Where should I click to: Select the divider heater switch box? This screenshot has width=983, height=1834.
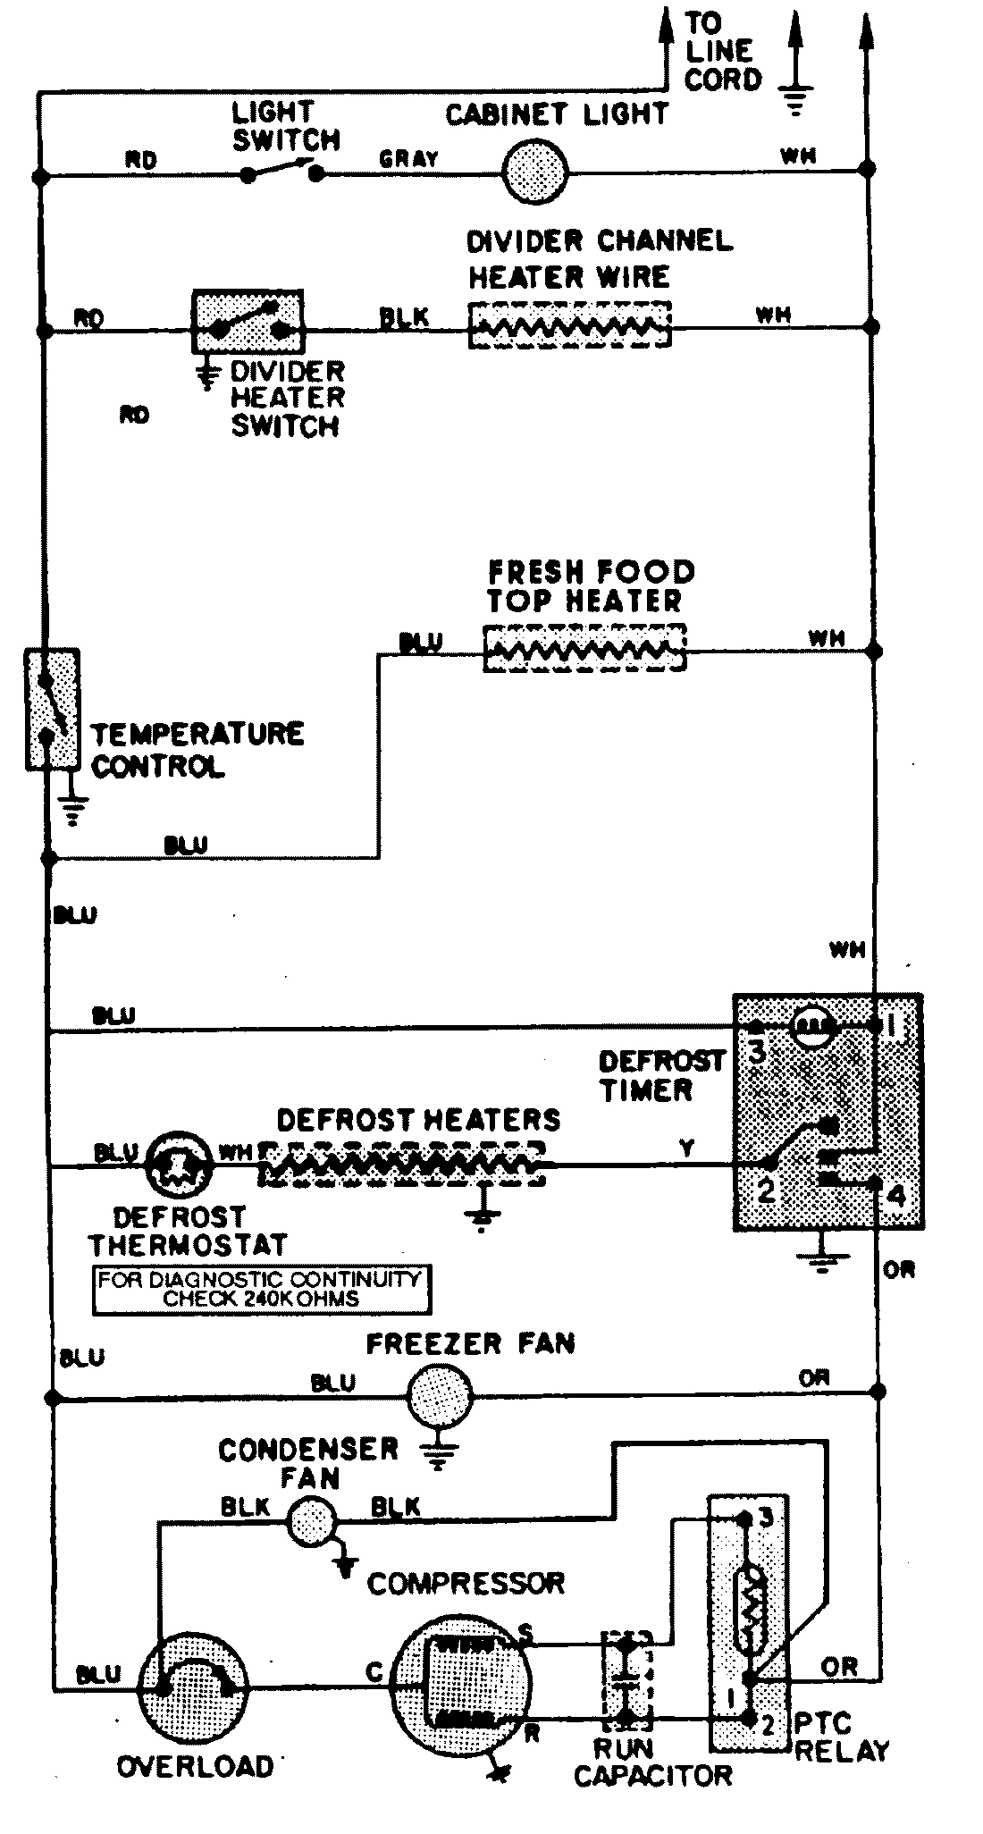click(248, 323)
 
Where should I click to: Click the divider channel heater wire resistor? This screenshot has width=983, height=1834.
click(569, 324)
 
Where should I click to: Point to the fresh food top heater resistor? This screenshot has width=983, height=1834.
click(584, 648)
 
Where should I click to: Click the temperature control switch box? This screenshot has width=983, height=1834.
click(52, 709)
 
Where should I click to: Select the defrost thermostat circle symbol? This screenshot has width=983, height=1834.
click(177, 1165)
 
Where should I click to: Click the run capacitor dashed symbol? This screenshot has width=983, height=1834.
click(627, 1679)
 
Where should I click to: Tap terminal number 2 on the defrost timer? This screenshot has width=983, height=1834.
click(767, 1190)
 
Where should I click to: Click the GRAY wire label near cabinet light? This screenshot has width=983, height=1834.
click(408, 159)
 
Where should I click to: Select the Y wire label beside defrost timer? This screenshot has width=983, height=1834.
click(686, 1149)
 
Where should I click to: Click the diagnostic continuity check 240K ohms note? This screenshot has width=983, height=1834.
click(260, 1289)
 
